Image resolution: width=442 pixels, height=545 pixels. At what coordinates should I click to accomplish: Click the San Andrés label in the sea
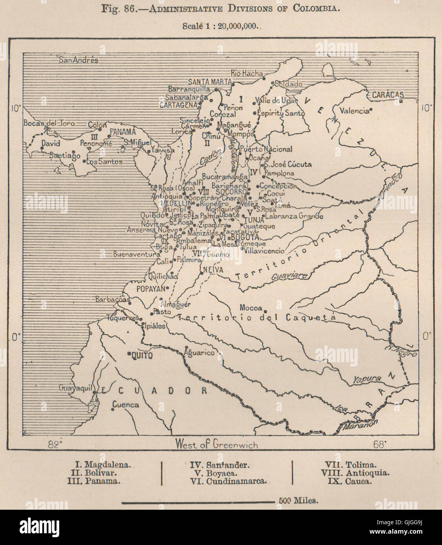(78, 60)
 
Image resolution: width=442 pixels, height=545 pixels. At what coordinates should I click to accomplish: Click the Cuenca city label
(126, 405)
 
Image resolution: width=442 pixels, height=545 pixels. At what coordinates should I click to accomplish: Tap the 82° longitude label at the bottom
(55, 444)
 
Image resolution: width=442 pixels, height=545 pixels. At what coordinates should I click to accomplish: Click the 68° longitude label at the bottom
(380, 444)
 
